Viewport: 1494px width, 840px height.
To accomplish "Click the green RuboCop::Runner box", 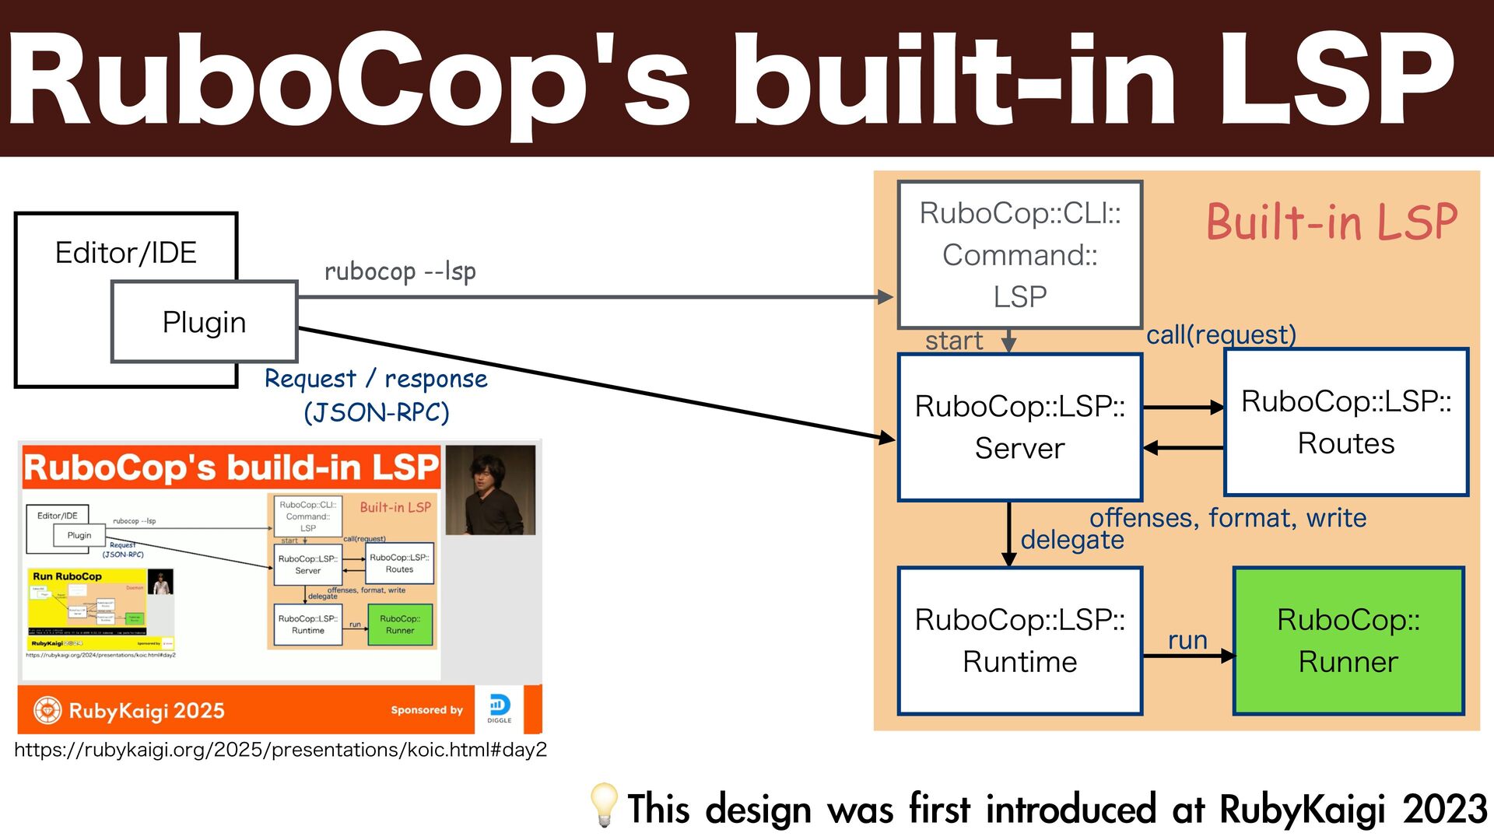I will pos(1348,641).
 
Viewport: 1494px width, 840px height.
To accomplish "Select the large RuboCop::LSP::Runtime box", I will pos(1019,641).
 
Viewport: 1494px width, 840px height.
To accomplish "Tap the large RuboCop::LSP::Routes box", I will pos(1346,422).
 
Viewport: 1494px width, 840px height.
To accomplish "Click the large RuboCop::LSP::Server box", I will pos(1019,427).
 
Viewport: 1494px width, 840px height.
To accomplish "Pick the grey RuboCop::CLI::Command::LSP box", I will pos(1019,255).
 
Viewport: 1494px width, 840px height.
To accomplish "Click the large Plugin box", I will pos(205,322).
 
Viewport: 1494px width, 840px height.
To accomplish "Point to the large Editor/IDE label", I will pos(126,253).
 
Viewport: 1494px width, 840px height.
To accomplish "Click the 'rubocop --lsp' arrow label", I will pos(400,271).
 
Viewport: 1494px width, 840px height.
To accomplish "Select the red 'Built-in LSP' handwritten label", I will pos(1331,222).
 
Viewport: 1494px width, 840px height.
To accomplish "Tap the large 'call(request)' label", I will pos(1221,334).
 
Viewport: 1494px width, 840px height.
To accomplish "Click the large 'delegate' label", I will pos(1072,540).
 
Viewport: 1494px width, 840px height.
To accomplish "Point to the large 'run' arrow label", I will pos(1187,640).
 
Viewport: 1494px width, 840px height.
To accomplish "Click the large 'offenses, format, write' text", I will pos(1228,518).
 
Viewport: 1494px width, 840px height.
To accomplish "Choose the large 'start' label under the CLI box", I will pos(954,341).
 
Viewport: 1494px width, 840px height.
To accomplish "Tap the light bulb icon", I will pos(604,805).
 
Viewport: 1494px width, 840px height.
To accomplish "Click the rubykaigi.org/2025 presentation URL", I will pos(280,750).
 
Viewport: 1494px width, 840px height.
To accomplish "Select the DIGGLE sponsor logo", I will pos(500,709).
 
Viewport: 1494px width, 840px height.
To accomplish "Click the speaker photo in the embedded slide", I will pos(490,490).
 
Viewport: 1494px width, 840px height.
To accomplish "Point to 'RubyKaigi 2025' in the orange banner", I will pos(146,710).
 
